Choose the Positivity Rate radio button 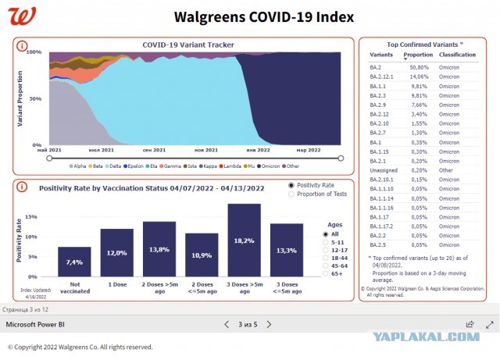pos(292,185)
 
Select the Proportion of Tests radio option pos(292,194)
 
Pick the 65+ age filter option pos(327,275)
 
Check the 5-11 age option pos(327,242)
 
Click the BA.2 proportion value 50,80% pos(417,67)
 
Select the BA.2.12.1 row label pos(383,77)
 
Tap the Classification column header pos(458,55)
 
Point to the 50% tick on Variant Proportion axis pos(34,99)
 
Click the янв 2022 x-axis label pos(258,150)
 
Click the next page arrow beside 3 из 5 pos(269,324)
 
